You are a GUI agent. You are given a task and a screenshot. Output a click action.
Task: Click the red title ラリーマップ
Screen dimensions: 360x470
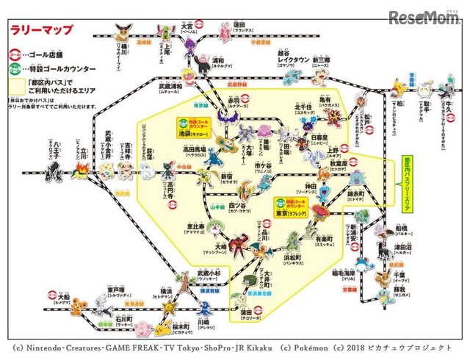click(x=41, y=31)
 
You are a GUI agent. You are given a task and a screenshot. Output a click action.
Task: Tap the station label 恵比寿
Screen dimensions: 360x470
click(x=194, y=226)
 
